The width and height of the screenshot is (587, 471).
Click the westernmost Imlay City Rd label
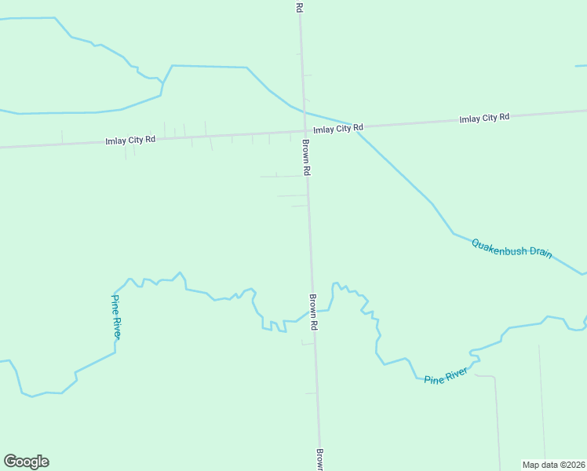point(130,140)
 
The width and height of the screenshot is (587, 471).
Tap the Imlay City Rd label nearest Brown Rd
point(338,128)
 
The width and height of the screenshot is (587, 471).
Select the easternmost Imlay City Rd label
point(484,118)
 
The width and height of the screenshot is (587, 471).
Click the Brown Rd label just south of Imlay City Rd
point(307,158)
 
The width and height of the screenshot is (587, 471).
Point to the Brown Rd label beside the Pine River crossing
point(313,312)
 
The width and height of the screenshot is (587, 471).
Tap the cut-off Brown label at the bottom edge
point(320,460)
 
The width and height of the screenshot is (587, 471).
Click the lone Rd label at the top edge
point(299,6)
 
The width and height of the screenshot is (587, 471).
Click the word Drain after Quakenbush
point(540,253)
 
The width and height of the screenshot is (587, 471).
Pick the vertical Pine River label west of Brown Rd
point(115,316)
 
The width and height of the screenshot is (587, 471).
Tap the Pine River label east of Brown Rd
point(446,376)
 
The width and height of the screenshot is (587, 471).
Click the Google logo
point(26,462)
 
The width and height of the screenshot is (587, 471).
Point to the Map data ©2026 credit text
point(553,464)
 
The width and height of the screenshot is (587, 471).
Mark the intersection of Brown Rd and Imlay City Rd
point(304,130)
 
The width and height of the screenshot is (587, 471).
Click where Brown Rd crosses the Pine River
point(313,310)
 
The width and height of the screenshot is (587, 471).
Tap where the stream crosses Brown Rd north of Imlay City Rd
point(303,108)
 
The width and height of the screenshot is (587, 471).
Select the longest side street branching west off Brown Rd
point(283,176)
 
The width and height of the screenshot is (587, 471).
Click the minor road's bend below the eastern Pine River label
point(494,378)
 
